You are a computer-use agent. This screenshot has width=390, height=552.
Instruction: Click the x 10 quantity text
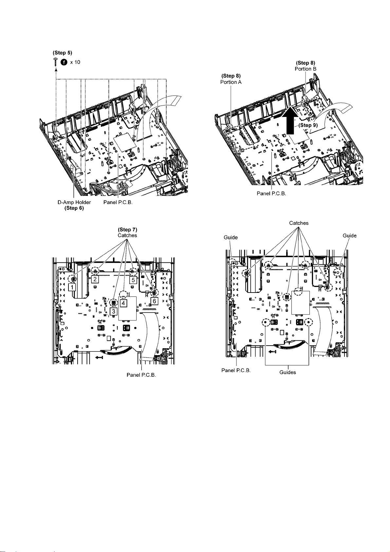(75, 62)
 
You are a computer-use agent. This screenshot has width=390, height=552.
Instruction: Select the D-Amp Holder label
(72, 202)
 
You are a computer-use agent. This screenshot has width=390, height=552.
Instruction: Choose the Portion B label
(306, 69)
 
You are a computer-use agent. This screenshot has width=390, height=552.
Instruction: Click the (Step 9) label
(307, 125)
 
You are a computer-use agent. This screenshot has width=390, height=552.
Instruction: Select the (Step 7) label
(127, 230)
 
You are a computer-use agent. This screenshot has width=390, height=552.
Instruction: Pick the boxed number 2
(95, 279)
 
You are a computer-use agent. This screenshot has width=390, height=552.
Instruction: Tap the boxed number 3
(113, 311)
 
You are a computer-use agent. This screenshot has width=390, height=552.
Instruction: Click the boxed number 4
(123, 303)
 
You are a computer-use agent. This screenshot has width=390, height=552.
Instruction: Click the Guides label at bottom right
(288, 372)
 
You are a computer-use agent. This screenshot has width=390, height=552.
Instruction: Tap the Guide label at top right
(349, 236)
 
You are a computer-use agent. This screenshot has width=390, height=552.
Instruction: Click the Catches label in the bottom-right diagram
(298, 223)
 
